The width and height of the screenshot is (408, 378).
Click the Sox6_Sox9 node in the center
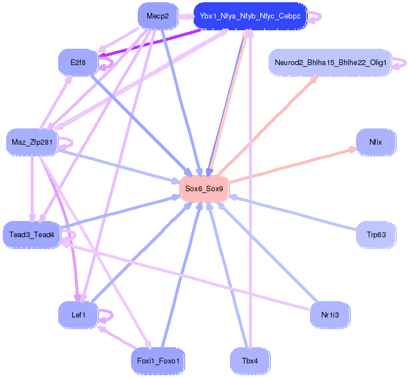click(x=204, y=189)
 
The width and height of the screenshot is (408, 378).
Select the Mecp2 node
click(x=157, y=16)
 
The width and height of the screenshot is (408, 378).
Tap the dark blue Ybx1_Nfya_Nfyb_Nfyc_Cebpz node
click(x=250, y=16)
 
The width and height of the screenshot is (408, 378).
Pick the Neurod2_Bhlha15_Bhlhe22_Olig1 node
click(x=330, y=62)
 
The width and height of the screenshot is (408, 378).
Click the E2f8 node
click(x=78, y=62)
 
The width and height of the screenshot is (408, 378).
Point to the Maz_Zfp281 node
click(x=32, y=142)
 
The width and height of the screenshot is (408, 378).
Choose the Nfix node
click(x=376, y=142)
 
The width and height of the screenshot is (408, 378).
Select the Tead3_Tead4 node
click(x=31, y=234)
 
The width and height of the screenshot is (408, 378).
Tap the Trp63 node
click(x=376, y=234)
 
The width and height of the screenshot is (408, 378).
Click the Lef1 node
click(x=78, y=315)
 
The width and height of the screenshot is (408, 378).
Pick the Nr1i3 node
click(x=330, y=315)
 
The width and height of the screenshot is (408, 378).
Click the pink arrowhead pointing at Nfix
click(x=353, y=149)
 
